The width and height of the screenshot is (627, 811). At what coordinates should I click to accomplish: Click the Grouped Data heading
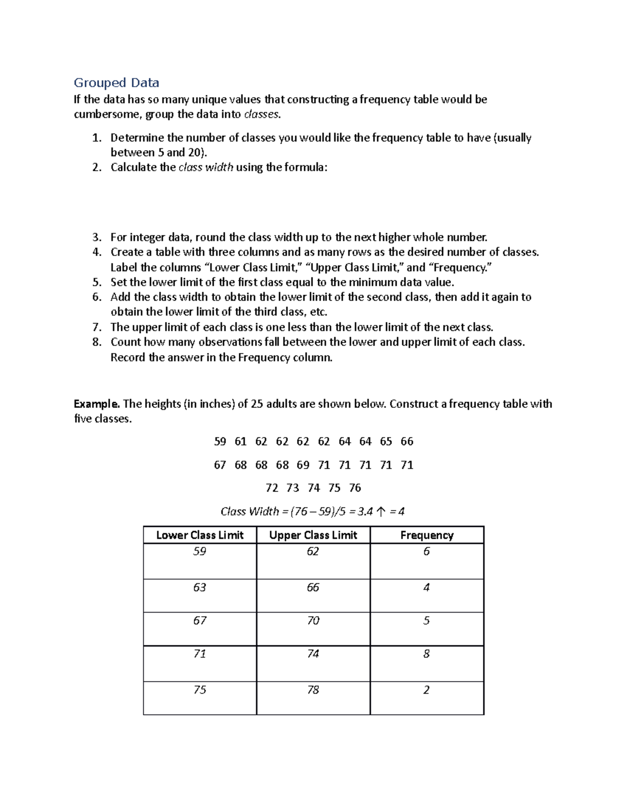tap(116, 83)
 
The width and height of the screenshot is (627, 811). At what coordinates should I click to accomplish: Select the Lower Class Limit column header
tap(200, 535)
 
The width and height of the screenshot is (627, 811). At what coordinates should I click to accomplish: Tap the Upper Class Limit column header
tap(313, 535)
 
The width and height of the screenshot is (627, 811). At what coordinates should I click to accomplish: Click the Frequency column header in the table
tap(427, 535)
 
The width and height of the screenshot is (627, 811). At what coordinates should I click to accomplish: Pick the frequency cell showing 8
tap(426, 654)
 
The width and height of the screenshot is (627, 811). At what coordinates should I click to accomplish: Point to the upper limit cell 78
tap(313, 690)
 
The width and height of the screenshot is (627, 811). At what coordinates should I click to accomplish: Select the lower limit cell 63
tap(200, 587)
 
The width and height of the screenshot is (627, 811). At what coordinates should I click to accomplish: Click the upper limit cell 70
tap(313, 620)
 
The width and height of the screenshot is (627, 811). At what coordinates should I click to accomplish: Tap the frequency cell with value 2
tap(426, 690)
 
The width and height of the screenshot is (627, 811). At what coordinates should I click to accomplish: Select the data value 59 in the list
tap(220, 441)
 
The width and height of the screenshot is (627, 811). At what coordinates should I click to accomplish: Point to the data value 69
tap(303, 465)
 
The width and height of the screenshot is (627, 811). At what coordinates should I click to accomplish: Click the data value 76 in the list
tap(355, 488)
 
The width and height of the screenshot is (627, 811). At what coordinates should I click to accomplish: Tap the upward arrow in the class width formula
tap(381, 512)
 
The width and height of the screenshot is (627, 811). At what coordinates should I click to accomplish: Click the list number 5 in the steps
tap(97, 283)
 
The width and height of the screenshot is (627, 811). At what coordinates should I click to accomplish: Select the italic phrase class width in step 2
tap(206, 168)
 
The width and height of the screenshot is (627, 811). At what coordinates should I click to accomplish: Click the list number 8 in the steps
tap(97, 342)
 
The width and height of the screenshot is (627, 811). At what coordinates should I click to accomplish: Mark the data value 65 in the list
tap(386, 441)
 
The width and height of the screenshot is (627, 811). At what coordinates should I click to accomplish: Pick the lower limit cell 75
tap(200, 690)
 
